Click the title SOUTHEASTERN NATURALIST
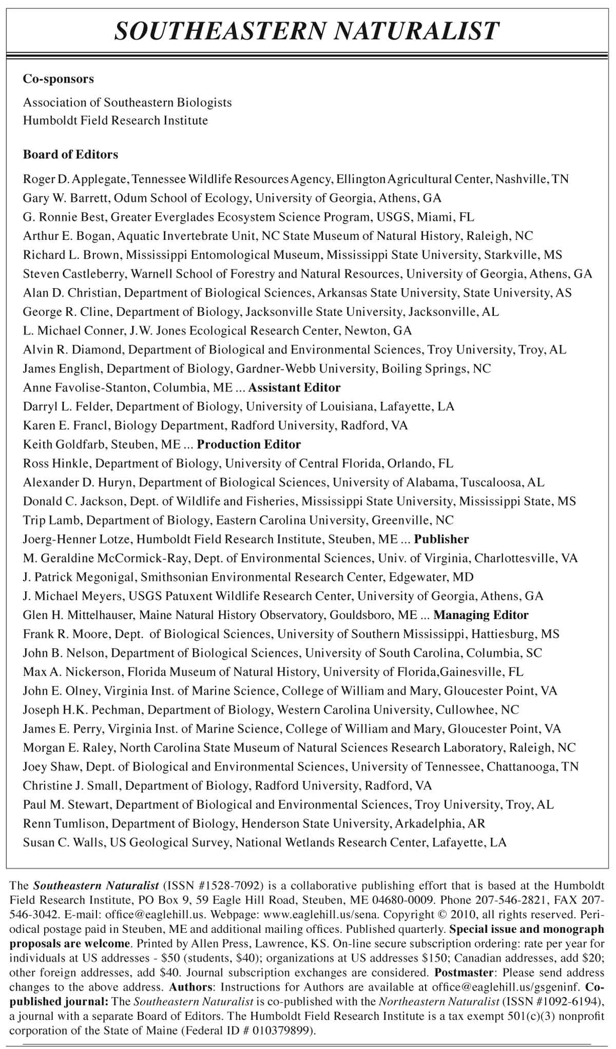(x=307, y=30)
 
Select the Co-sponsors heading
(x=59, y=79)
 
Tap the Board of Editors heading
(x=70, y=154)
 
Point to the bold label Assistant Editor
(x=294, y=387)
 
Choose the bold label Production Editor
(x=249, y=444)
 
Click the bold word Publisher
(x=441, y=539)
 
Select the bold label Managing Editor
(x=481, y=614)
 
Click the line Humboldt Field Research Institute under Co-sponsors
(x=115, y=121)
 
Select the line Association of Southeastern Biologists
(x=127, y=102)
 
